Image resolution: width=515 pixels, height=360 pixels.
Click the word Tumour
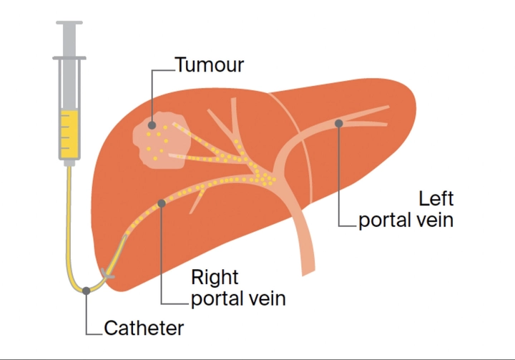tap(210, 65)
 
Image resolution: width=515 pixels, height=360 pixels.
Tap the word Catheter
tap(144, 329)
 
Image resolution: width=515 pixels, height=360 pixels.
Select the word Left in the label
tap(436, 198)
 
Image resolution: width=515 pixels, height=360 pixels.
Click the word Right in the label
tap(215, 277)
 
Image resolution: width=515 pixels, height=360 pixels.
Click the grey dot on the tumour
tap(152, 125)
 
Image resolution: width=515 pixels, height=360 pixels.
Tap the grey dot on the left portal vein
tap(339, 123)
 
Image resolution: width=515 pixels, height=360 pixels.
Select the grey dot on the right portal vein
tap(162, 204)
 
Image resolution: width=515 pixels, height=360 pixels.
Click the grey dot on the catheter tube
tap(87, 290)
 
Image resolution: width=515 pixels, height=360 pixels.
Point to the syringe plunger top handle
tap(69, 26)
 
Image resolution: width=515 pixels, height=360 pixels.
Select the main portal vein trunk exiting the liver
tap(305, 250)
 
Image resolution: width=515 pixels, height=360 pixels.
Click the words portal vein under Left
tap(406, 220)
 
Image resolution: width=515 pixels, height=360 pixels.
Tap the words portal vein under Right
tap(238, 298)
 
